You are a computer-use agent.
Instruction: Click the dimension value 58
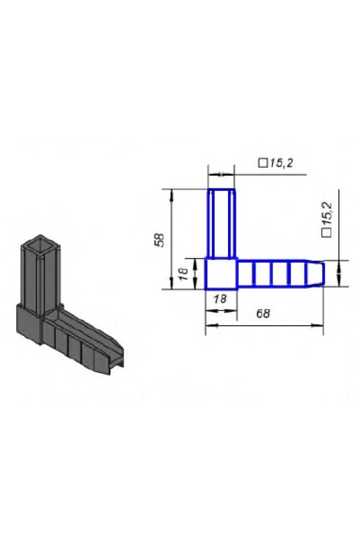coord(159,240)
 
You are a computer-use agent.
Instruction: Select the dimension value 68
coord(263,313)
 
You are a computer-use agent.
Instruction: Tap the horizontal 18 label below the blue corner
coord(220,299)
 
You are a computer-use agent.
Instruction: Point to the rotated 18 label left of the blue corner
coord(184,274)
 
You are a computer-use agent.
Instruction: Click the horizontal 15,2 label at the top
coord(281,163)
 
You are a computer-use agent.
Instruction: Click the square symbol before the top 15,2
coord(263,163)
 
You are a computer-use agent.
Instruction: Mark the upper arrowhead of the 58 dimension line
coord(172,194)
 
